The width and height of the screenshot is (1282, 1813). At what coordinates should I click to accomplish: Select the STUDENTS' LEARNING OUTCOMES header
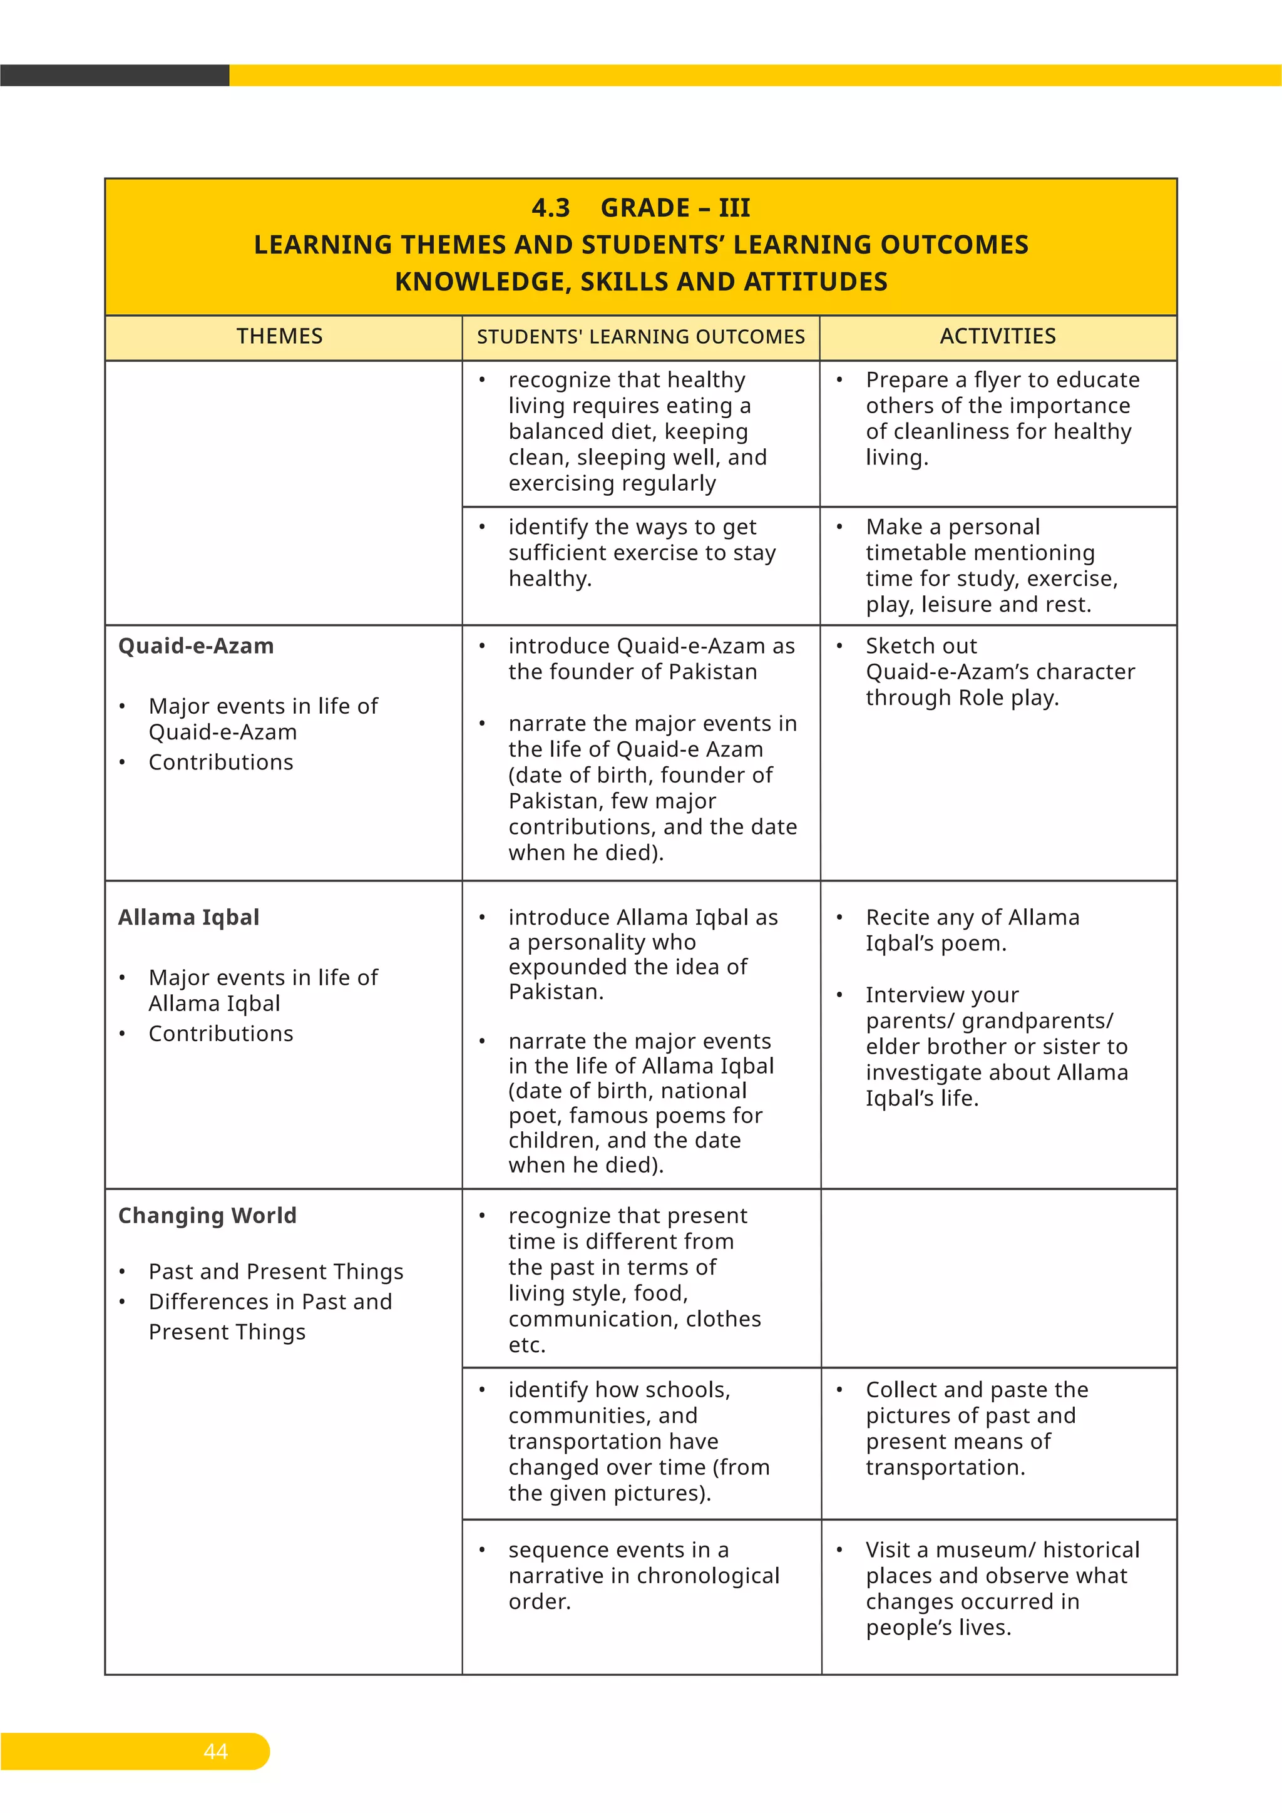[x=640, y=337]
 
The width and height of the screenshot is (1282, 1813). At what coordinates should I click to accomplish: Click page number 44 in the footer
[x=215, y=1752]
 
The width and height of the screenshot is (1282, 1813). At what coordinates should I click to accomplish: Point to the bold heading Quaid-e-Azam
[x=196, y=646]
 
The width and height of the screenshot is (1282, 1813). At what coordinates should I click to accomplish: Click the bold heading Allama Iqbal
[x=188, y=918]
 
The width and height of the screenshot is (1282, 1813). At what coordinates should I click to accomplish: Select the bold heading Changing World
[x=207, y=1215]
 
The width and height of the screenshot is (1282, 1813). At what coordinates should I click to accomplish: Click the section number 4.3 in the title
[x=550, y=208]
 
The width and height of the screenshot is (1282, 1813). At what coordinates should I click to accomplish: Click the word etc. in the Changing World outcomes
[x=526, y=1345]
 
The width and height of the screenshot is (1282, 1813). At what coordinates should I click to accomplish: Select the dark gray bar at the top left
[x=115, y=75]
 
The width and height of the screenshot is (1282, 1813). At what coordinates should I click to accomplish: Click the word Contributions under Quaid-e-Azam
[x=220, y=763]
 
